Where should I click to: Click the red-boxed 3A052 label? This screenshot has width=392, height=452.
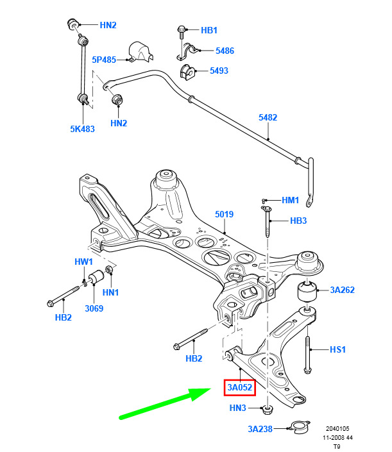[x=240, y=387]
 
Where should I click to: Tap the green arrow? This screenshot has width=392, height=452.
[x=166, y=403]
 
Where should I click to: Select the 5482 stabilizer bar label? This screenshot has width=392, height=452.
[x=268, y=117]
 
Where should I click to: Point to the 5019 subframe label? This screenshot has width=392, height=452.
[x=224, y=215]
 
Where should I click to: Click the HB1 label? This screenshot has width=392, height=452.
[x=209, y=30]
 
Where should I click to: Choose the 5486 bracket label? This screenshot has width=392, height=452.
[x=225, y=51]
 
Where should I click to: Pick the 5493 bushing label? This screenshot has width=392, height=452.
[x=219, y=71]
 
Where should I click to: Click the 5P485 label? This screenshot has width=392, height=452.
[x=104, y=60]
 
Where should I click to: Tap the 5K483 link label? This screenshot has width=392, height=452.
[x=83, y=129]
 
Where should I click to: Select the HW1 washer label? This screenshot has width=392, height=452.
[x=83, y=262]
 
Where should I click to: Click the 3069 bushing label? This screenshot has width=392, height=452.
[x=94, y=308]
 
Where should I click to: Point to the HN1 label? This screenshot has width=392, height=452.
[x=111, y=292]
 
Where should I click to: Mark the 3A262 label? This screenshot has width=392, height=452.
[x=342, y=290]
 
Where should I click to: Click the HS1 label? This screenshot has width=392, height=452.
[x=337, y=349]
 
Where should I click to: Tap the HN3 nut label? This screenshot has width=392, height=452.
[x=237, y=408]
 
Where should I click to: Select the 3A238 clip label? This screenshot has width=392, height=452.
[x=260, y=429]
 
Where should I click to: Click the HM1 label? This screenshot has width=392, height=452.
[x=290, y=200]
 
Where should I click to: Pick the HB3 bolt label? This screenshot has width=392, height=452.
[x=298, y=221]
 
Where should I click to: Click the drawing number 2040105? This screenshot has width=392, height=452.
[x=337, y=429]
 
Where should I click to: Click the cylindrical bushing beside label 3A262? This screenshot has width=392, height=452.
[x=307, y=291]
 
